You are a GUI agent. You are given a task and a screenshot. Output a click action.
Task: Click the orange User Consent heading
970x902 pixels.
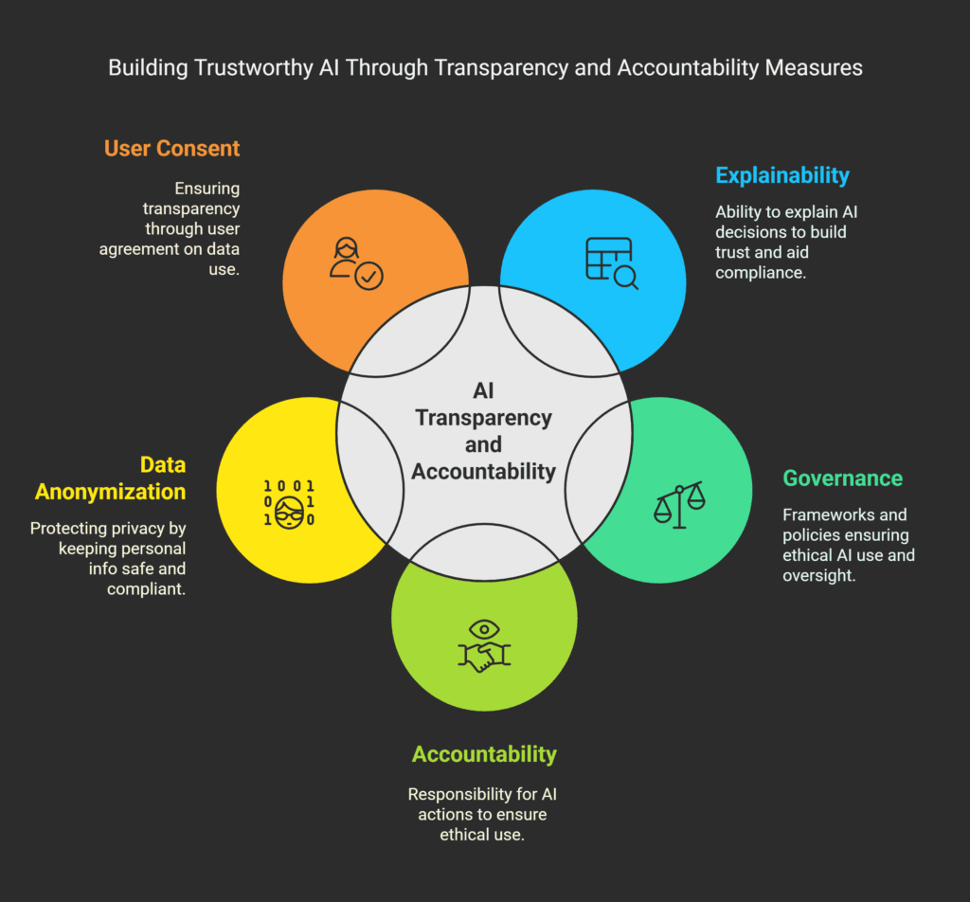point(171,149)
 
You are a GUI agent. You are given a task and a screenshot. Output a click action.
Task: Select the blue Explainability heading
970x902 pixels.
point(782,175)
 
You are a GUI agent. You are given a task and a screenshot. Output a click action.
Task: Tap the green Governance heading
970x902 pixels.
point(842,478)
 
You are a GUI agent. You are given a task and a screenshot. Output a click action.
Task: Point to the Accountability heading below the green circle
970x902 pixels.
point(484,754)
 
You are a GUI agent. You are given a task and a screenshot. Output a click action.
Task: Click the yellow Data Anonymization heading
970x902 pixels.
point(110,478)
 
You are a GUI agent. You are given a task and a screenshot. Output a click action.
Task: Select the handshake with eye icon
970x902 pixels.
point(484,646)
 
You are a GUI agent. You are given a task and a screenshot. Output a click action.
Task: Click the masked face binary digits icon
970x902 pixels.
point(289,502)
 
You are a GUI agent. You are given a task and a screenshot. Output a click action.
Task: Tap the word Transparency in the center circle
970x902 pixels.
point(484,418)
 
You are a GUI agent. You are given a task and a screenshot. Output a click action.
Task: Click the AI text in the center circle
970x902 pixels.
point(484,391)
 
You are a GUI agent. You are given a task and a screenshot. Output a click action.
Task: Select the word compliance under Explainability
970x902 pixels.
point(761,273)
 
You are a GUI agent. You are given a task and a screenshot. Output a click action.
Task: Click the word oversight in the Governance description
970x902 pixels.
point(817,575)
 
